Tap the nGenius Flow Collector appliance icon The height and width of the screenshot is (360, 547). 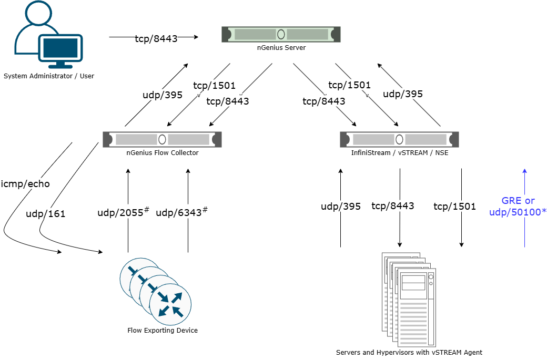pos(162,139)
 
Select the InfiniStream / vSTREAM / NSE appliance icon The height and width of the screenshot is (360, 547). pos(399,139)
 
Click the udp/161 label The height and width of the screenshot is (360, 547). pos(45,214)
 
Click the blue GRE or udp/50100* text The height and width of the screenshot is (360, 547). pos(518,205)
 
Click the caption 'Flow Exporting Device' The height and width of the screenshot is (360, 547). pos(163,331)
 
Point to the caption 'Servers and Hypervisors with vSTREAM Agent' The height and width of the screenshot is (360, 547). pos(409,352)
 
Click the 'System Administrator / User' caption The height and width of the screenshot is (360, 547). pos(49,76)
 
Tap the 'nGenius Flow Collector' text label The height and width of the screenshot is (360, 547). pos(163,153)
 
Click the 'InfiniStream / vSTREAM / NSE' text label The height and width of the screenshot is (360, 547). pos(400,153)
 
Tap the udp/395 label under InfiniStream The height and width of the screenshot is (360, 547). pos(341,207)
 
